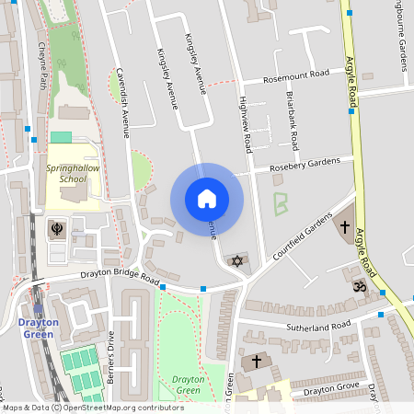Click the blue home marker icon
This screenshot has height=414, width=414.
click(x=206, y=199)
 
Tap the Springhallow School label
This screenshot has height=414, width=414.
click(x=66, y=174)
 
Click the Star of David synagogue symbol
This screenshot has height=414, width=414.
click(x=237, y=262)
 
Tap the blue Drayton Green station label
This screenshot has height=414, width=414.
click(x=39, y=328)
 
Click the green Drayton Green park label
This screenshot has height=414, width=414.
click(x=187, y=385)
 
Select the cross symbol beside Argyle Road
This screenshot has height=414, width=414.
click(x=345, y=226)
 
